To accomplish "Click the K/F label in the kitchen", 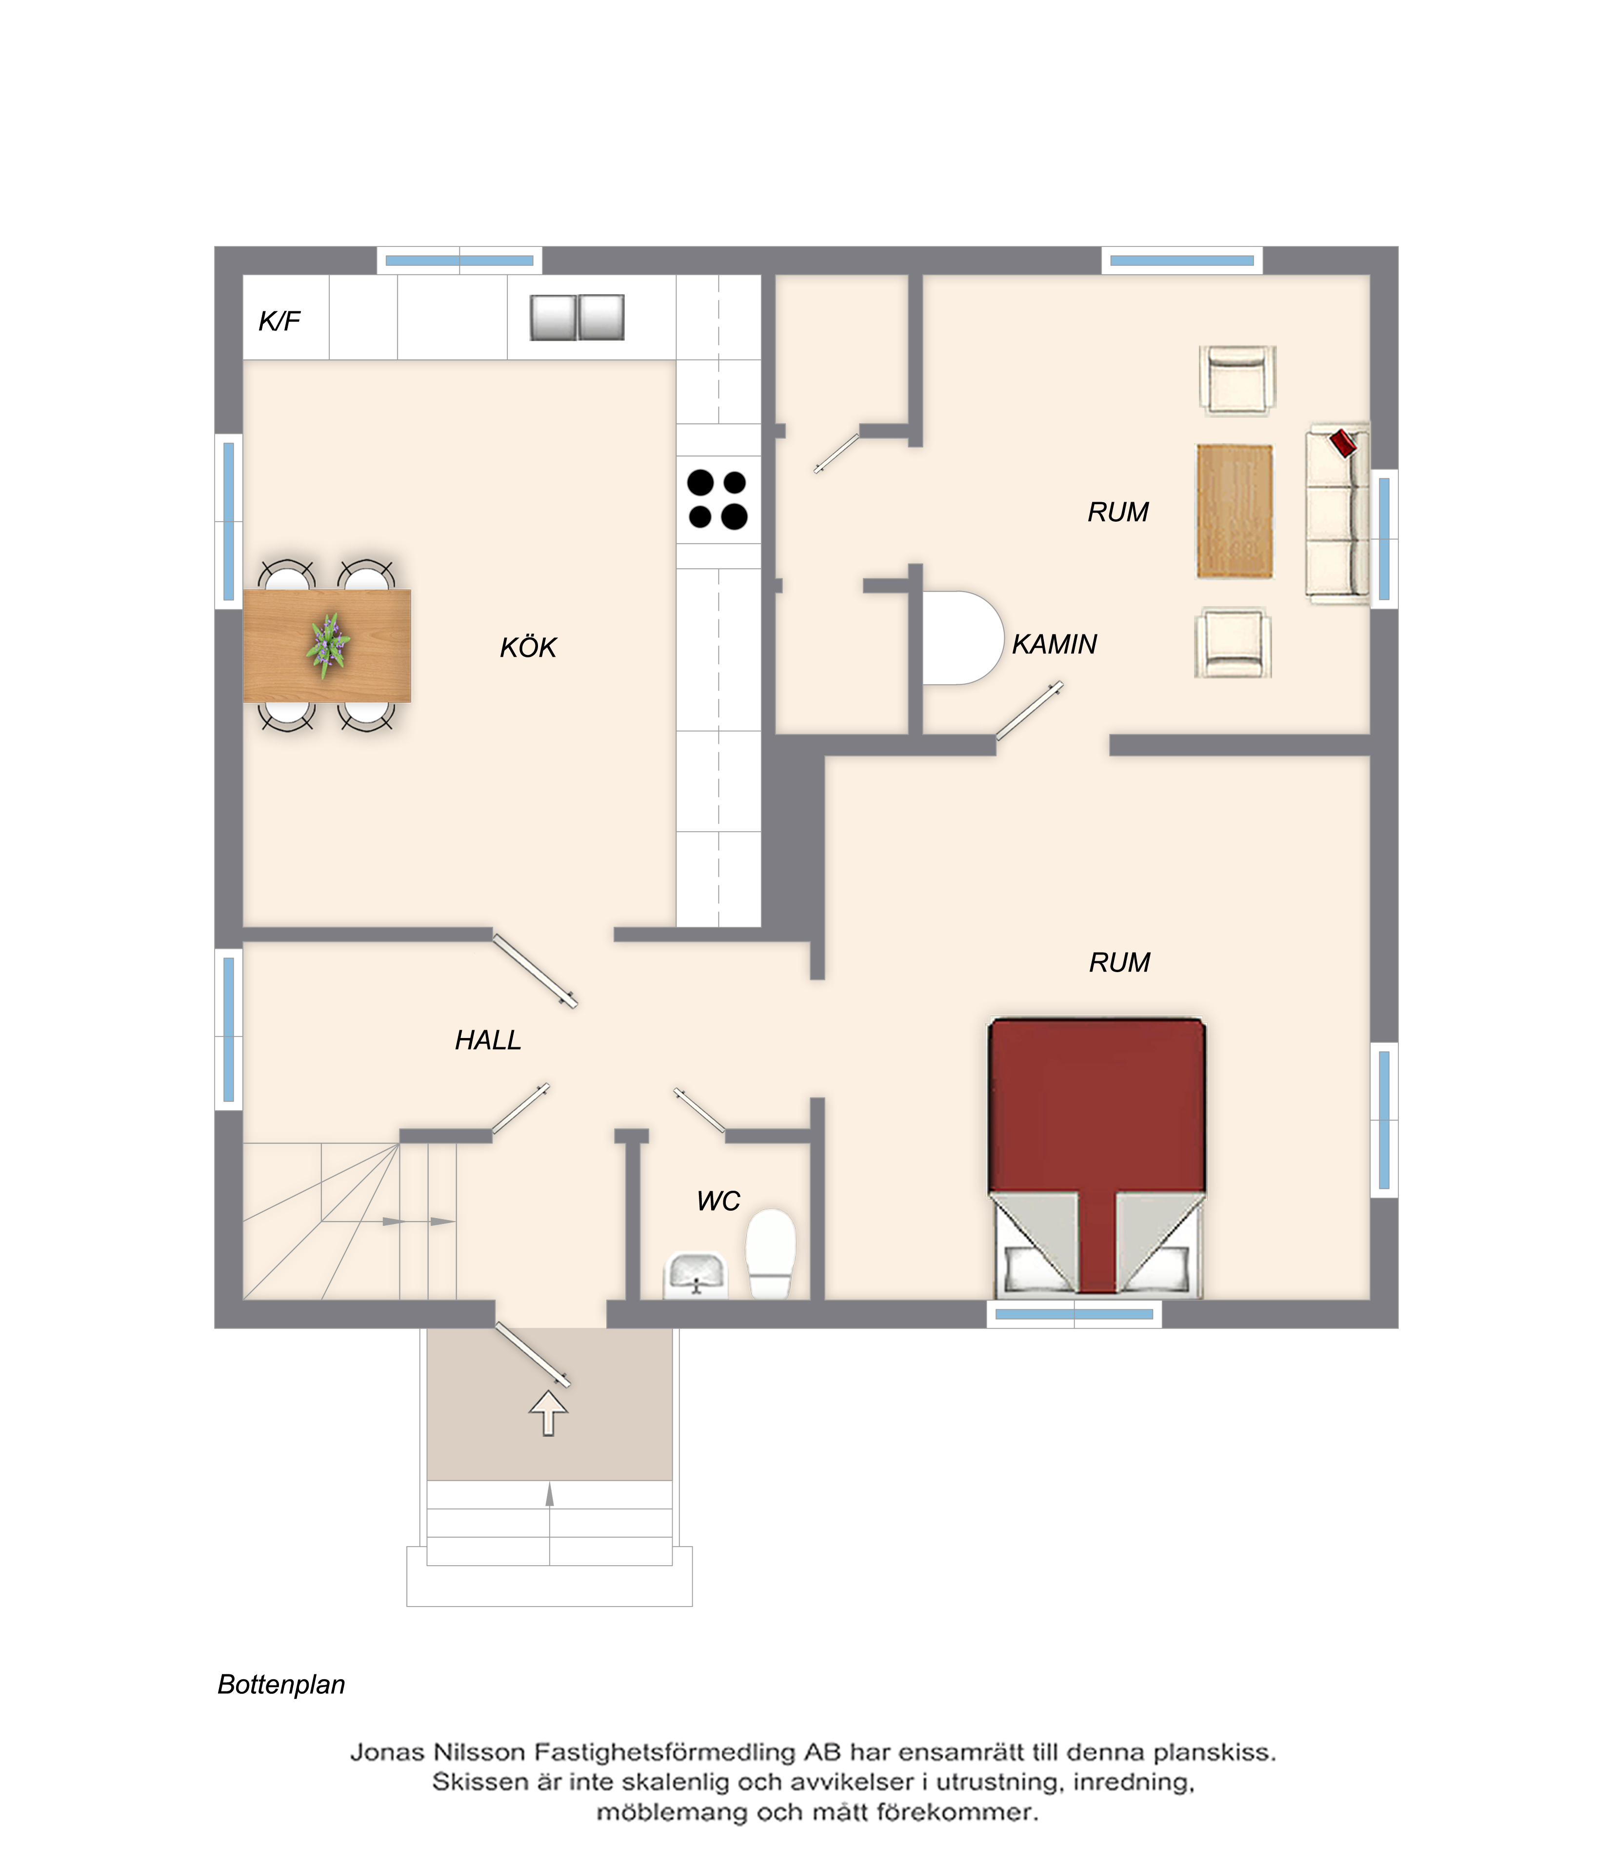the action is (279, 322).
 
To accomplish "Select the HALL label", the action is (488, 1040).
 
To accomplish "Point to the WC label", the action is (718, 1200).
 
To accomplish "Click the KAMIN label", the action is (1054, 644).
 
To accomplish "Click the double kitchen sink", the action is (577, 317).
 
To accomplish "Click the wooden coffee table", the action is (1234, 510).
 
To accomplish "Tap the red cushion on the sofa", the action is (1343, 443).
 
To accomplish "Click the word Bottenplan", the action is (282, 1685).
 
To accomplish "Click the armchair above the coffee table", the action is (1237, 380).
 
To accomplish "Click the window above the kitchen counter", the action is (459, 260).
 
